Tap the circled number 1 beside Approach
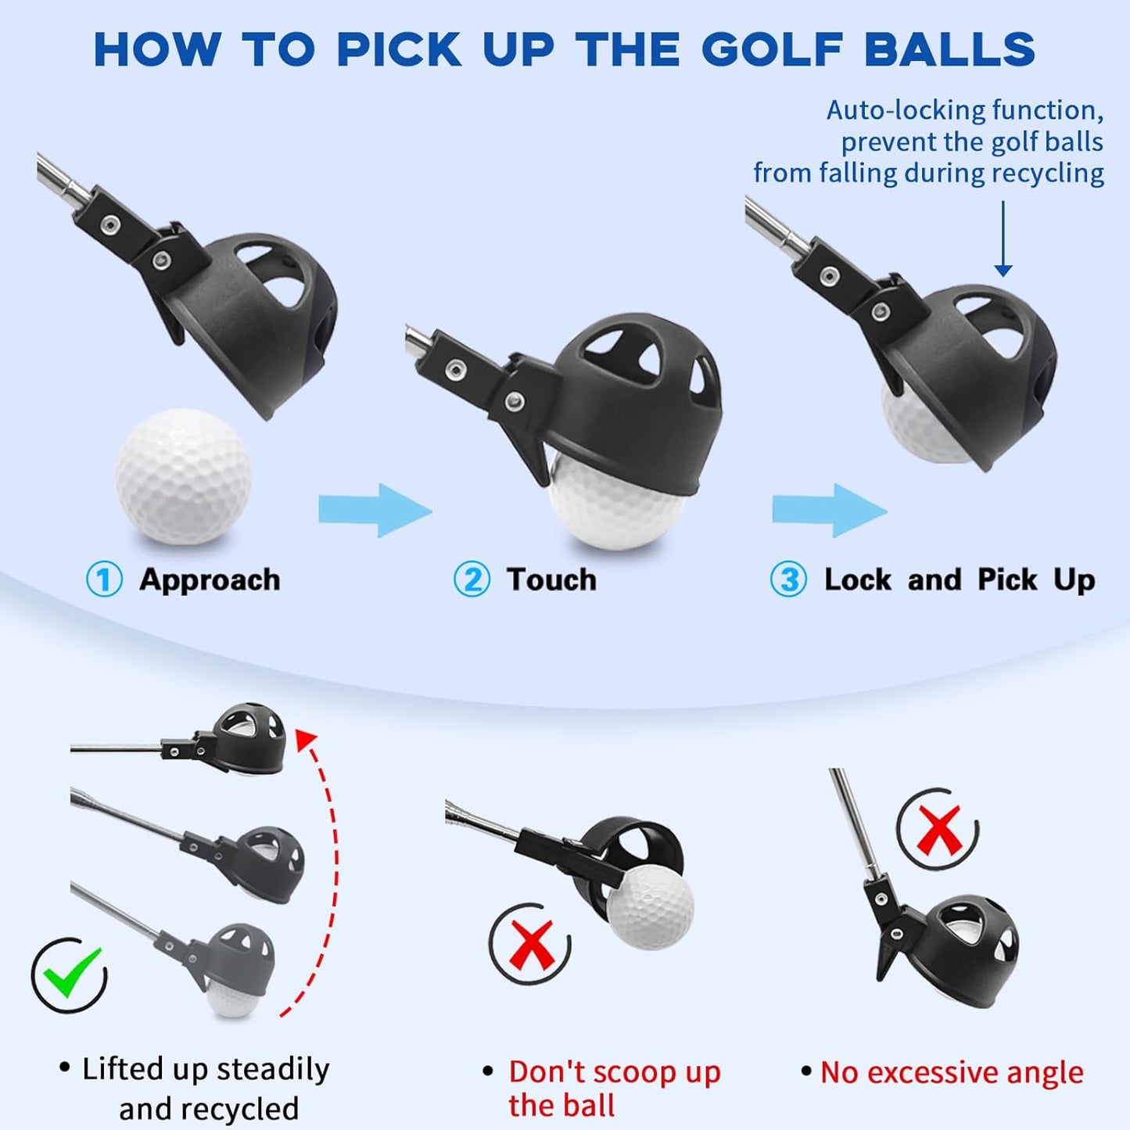(104, 580)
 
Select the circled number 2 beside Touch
(472, 580)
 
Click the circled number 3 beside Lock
(788, 580)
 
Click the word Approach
(210, 580)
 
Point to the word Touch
(551, 580)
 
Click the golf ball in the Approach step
(183, 476)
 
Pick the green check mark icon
(70, 973)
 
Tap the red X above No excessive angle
(938, 831)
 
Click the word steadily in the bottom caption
(273, 1069)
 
